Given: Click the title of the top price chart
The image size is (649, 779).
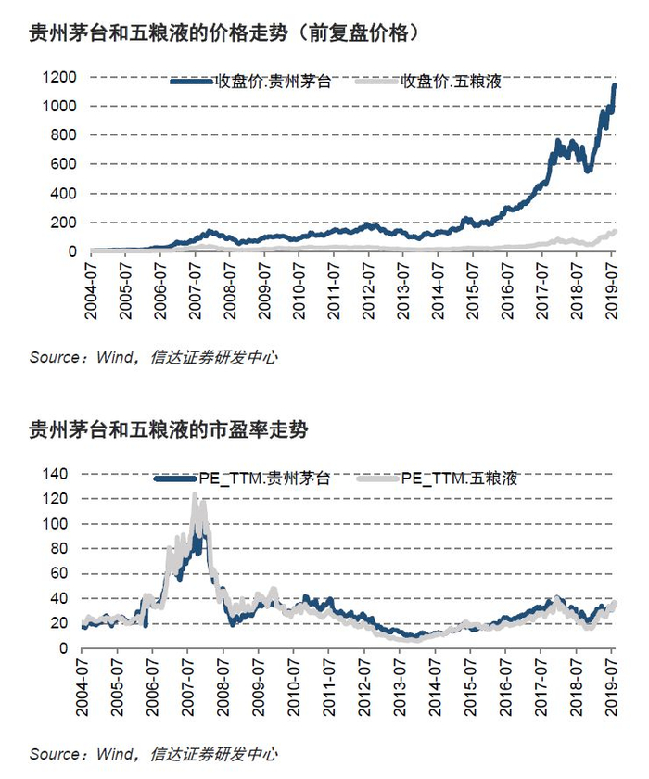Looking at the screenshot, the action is point(224,33).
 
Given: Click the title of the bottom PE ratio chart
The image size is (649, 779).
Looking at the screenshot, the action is point(169,429).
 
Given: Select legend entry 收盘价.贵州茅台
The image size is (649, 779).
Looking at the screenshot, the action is point(250,81).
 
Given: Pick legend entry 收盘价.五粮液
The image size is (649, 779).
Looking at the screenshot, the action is point(429,81).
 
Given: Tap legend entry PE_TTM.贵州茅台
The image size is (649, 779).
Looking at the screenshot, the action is point(242,479).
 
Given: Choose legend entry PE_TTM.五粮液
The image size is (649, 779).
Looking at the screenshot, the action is point(438,479).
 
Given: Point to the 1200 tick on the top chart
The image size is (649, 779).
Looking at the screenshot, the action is point(59,77).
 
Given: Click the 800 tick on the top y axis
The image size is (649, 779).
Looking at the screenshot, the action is point(64,135).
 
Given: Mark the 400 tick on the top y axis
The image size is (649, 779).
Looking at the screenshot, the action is point(64,193).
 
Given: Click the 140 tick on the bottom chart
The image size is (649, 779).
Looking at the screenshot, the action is point(55,474).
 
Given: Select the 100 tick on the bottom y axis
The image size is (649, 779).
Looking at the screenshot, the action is point(55,524).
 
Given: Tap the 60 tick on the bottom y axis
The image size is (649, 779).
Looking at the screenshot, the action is point(59,573).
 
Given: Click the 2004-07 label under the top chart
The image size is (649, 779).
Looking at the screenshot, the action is point(91,291).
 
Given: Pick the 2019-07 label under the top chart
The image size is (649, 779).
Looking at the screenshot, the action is point(611,291).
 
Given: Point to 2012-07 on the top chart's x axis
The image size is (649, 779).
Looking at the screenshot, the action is point(368,291).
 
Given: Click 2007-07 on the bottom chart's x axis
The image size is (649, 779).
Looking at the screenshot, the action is point(187,687).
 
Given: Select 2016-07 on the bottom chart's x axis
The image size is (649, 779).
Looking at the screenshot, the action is point(505,687).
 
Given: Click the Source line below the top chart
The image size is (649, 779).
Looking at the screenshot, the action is point(153,357).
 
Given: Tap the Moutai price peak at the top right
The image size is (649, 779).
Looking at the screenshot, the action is point(616,86).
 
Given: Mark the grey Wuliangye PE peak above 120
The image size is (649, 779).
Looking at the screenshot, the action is point(195,495).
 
